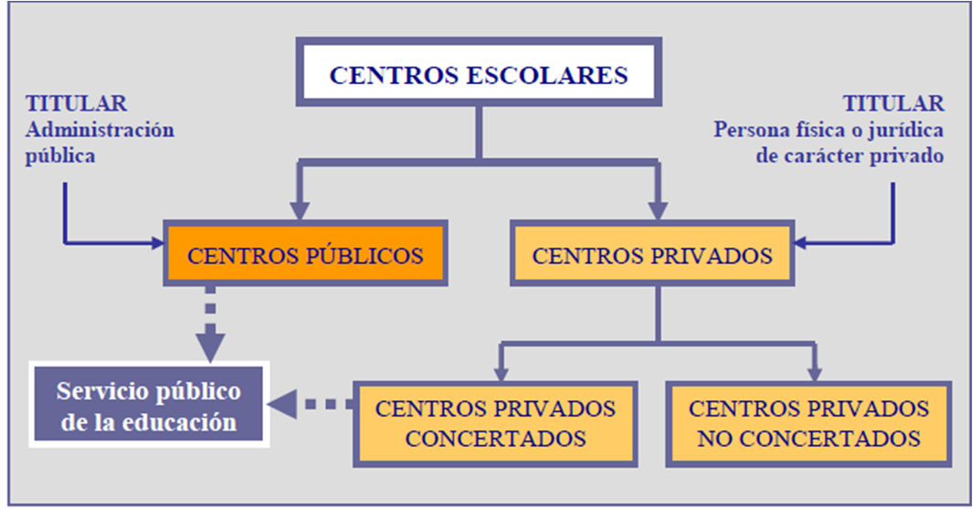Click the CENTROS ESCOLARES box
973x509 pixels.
coord(478,74)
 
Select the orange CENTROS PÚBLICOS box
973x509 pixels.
coord(305,255)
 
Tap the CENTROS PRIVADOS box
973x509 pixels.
coord(651,255)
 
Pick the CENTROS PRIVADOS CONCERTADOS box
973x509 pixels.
coord(495,422)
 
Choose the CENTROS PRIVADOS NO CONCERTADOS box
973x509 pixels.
coord(809,422)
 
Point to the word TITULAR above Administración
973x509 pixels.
coord(77,103)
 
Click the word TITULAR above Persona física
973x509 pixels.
coord(894,103)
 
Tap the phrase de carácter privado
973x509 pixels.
coord(851,154)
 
